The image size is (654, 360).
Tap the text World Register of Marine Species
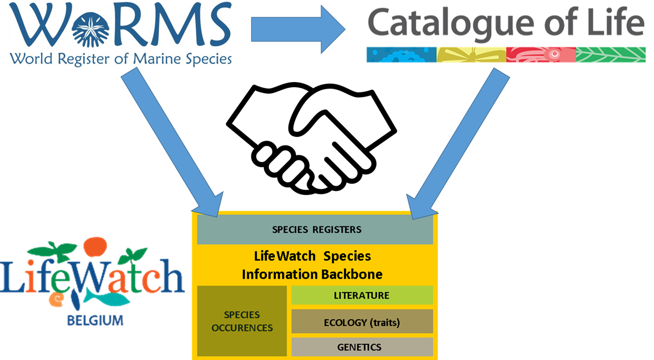coord(120,59)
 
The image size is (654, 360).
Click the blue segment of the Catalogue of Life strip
coord(401,55)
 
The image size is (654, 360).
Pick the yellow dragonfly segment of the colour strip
coord(471,55)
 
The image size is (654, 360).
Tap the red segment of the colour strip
coord(541,55)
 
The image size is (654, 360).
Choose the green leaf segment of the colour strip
coord(611,55)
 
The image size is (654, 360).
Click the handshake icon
coord(311,138)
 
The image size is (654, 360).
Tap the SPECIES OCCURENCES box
coord(242,321)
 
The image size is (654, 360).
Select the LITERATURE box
coord(362,295)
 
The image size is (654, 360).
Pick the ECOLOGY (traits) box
coord(362,322)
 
